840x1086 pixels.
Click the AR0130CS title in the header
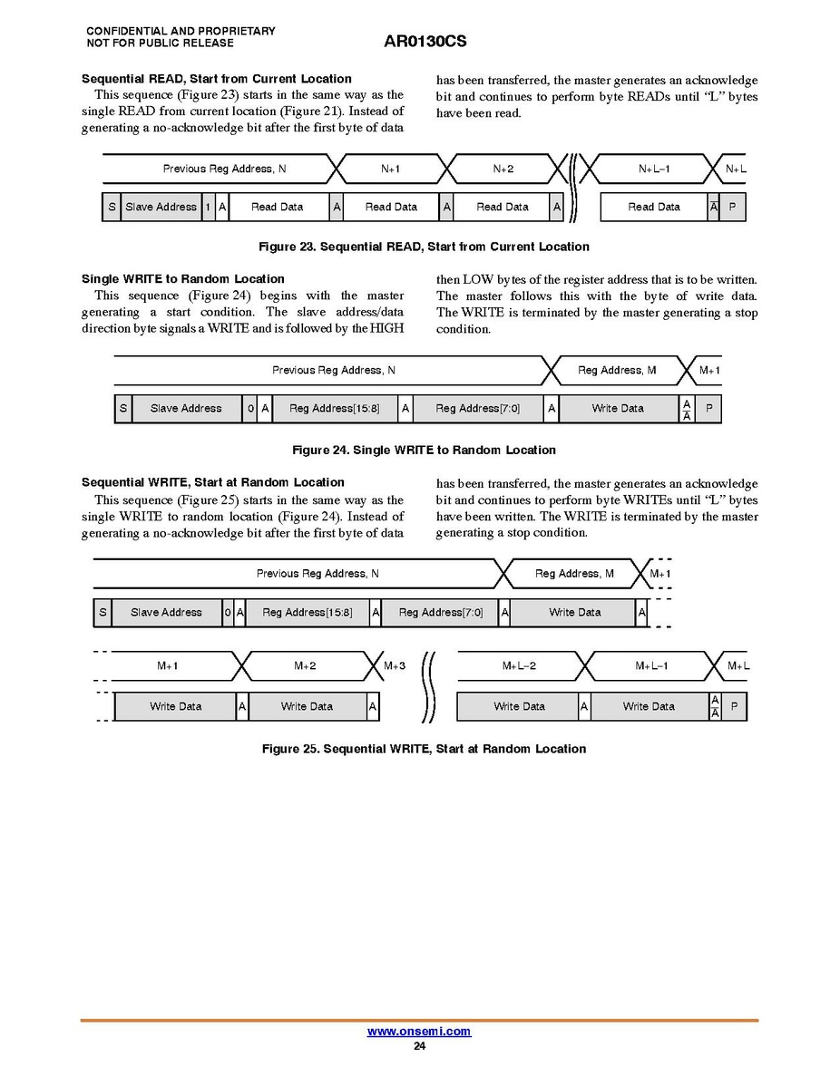(425, 42)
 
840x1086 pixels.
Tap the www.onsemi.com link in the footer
(418, 1032)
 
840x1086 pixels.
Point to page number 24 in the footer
(419, 1046)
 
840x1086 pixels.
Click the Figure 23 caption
(424, 247)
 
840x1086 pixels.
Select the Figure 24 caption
(424, 450)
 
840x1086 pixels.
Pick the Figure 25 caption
(424, 749)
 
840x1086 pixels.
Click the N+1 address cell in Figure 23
(391, 169)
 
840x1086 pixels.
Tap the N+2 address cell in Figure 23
(503, 169)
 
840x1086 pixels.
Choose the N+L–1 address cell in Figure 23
(654, 169)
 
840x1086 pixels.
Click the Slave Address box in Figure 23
(161, 207)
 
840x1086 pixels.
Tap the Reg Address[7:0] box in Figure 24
(477, 408)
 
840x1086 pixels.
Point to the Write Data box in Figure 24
(618, 408)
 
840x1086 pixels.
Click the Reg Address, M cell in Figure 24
(617, 370)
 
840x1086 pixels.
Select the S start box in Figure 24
(122, 408)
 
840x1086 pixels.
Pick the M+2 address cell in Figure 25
(305, 665)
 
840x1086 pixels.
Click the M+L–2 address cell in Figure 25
(519, 665)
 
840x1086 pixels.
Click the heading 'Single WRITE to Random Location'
(183, 279)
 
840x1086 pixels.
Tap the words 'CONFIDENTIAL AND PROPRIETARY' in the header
(181, 31)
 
